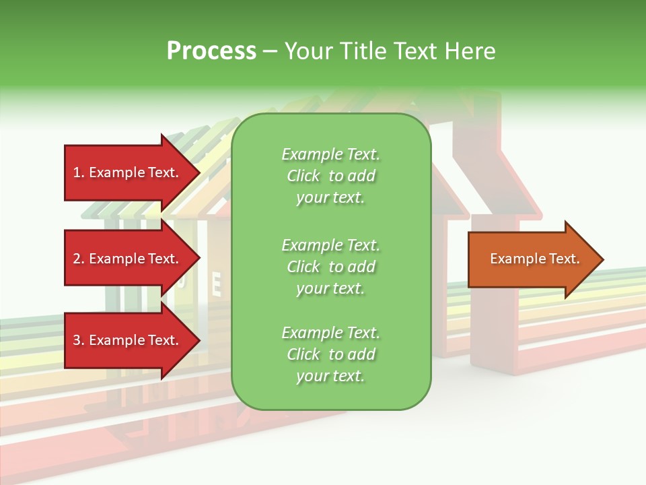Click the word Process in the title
tap(211, 51)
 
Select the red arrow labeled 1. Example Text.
tap(128, 172)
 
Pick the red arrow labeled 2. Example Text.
tap(128, 259)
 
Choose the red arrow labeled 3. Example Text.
tap(128, 340)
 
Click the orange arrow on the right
tap(532, 259)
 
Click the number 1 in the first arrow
tap(77, 172)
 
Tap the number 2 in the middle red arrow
tap(77, 259)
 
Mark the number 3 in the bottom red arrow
tap(77, 340)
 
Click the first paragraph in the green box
tap(330, 176)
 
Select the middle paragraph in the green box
tap(330, 267)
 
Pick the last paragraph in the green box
tap(330, 354)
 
